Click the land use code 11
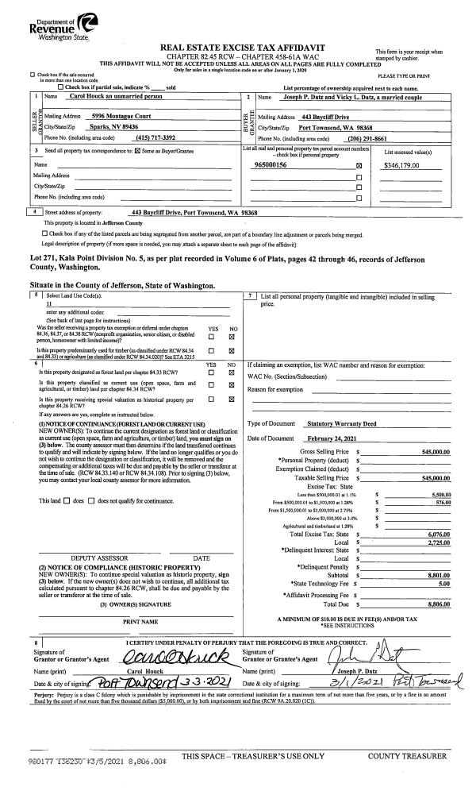[49, 303]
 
